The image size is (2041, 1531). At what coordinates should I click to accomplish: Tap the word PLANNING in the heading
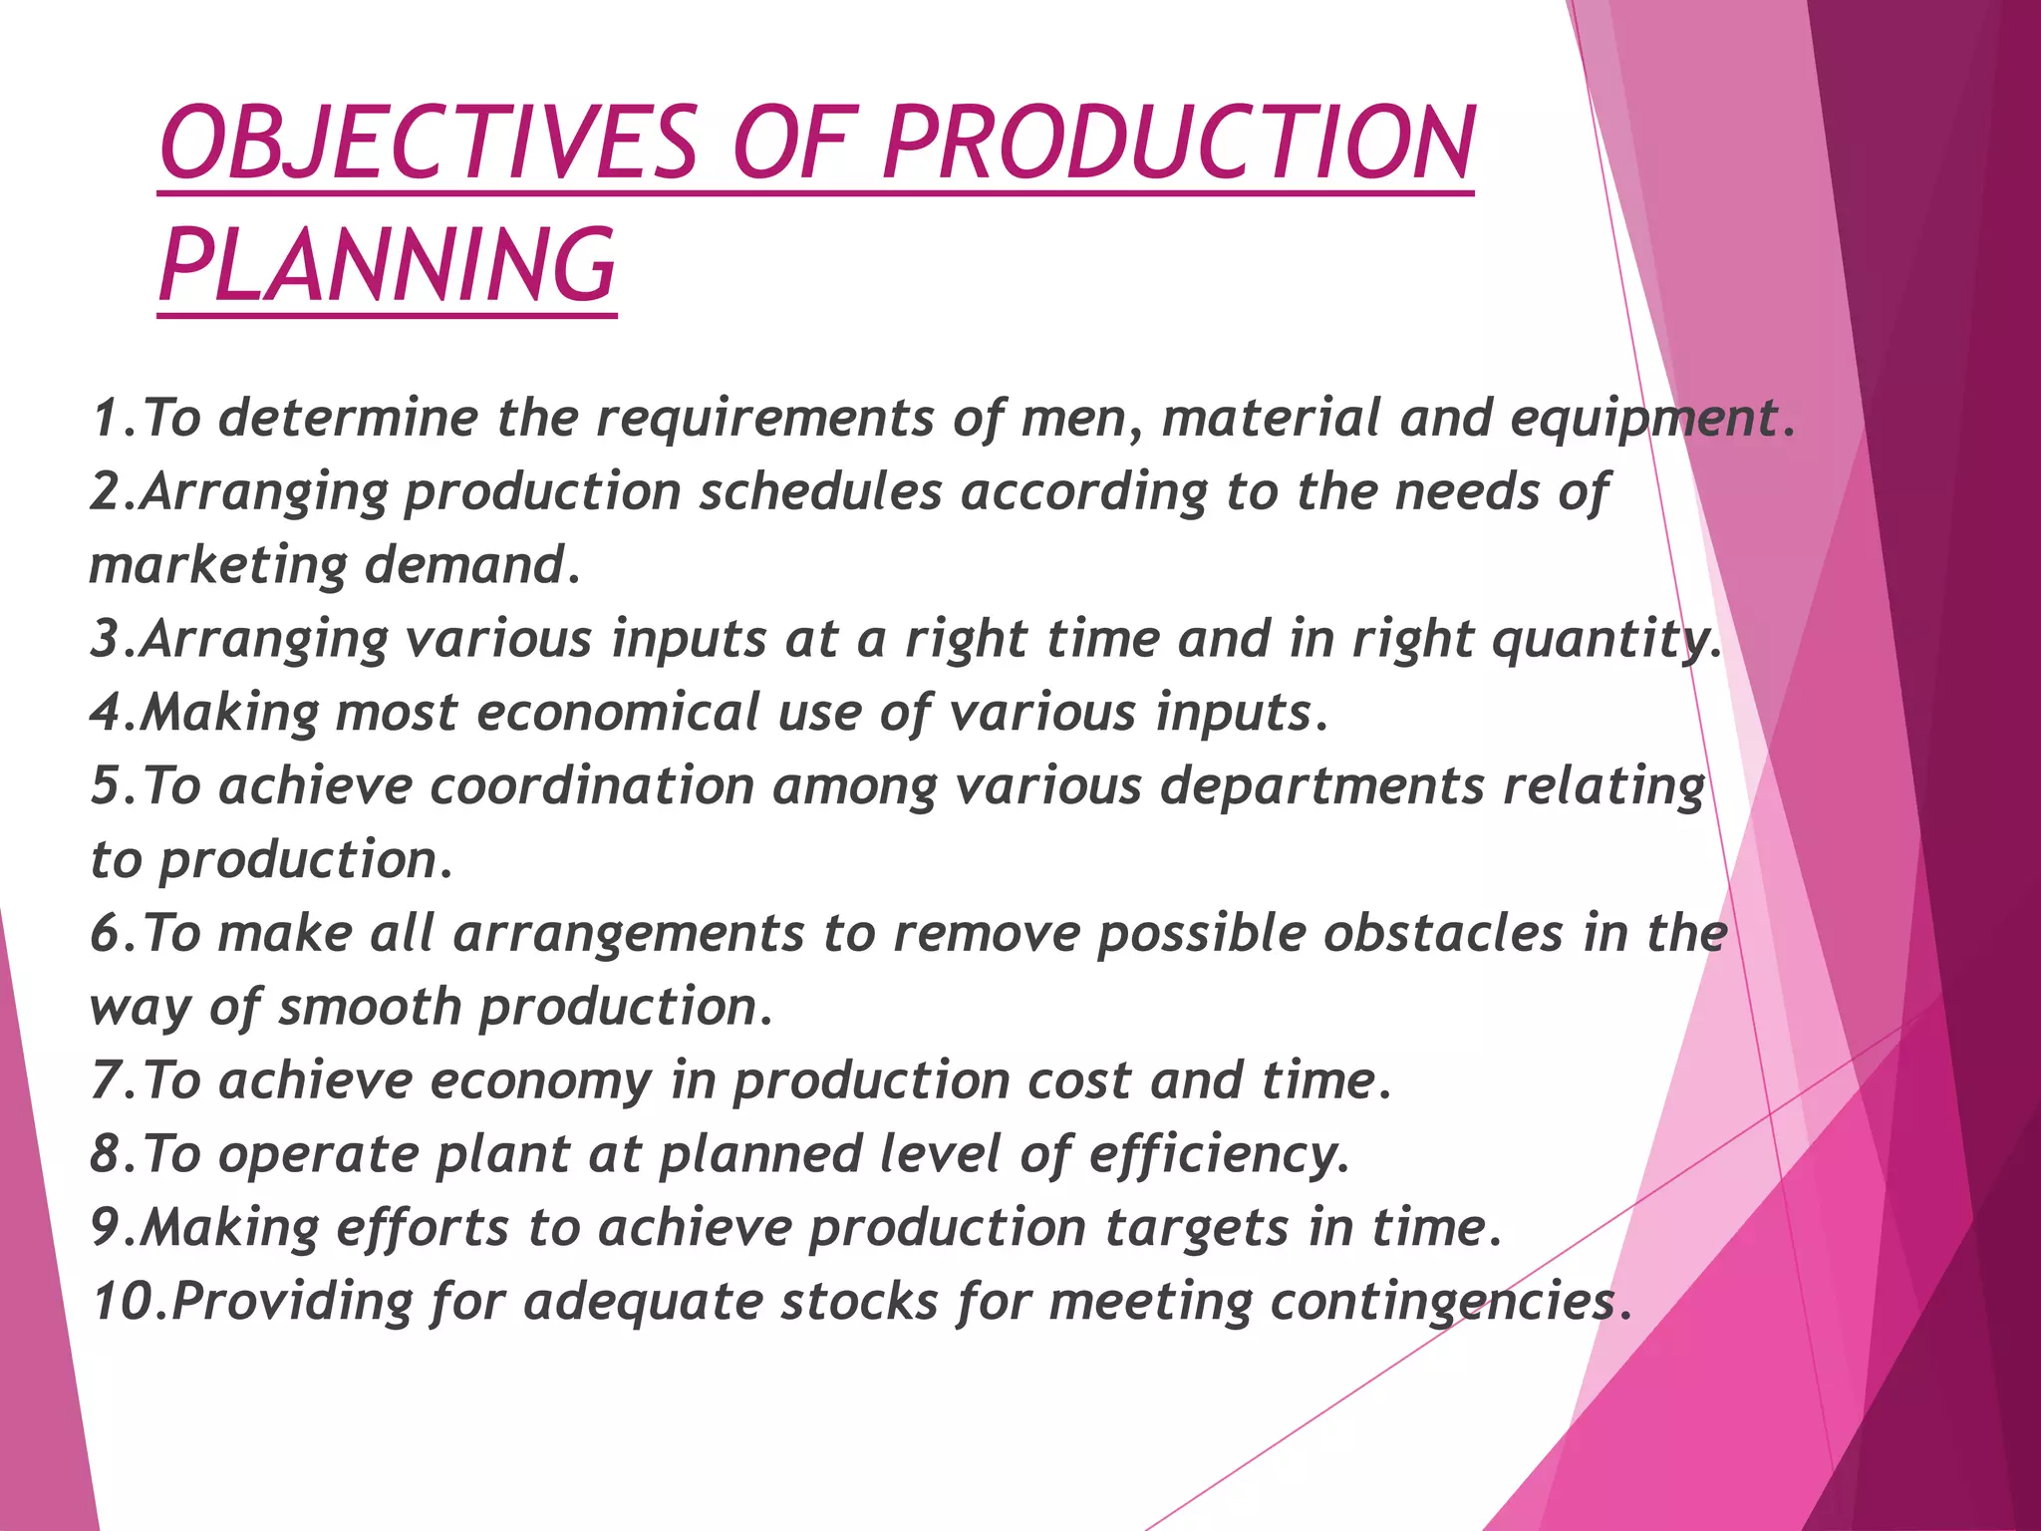tap(388, 265)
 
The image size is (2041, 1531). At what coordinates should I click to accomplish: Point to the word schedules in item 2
tap(820, 491)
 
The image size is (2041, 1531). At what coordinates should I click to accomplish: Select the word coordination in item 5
tap(592, 785)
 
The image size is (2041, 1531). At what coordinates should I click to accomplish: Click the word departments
tap(1322, 785)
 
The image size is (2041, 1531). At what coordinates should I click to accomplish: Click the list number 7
tap(106, 1080)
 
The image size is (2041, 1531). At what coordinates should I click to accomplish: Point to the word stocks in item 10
tap(859, 1301)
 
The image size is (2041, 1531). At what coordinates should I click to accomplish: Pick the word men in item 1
tap(1079, 419)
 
